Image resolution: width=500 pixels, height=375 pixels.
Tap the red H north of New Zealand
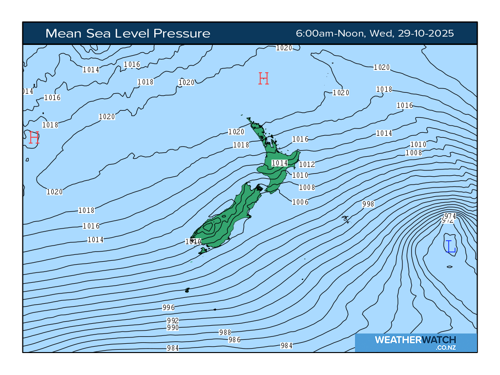coord(264,78)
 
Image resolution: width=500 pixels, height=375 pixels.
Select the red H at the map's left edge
coord(34,138)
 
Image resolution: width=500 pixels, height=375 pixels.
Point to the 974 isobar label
coord(450,216)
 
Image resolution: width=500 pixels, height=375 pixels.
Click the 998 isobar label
coord(368,204)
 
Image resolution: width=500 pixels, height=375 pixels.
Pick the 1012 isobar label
coord(307,165)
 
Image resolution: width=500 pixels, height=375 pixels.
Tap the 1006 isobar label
coord(300,202)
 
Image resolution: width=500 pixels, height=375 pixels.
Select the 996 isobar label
coord(168,308)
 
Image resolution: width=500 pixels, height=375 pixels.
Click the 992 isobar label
coord(173,321)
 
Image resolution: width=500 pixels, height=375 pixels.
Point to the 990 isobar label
coord(173,328)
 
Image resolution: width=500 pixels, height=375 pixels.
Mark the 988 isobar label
coord(225,333)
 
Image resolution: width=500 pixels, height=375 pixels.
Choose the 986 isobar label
coord(234,340)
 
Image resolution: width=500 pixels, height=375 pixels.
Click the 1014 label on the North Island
coord(279,163)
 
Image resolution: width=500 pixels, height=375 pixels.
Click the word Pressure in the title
coord(182,34)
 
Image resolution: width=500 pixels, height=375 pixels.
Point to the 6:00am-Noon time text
coord(330,34)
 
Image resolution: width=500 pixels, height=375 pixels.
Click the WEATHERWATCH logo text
coord(415,340)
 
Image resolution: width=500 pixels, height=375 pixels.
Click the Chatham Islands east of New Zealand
coord(345,218)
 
